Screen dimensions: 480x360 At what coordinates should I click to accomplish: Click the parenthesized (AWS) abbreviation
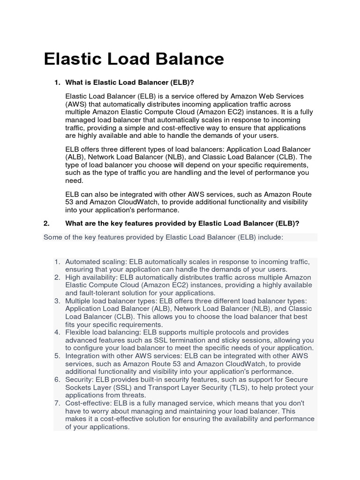pyautogui.click(x=76, y=104)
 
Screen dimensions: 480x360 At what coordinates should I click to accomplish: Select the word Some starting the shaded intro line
pyautogui.click(x=52, y=237)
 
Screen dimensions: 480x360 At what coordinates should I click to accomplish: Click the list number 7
pyautogui.click(x=57, y=403)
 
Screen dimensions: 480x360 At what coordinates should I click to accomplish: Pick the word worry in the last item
pyautogui.click(x=99, y=411)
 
